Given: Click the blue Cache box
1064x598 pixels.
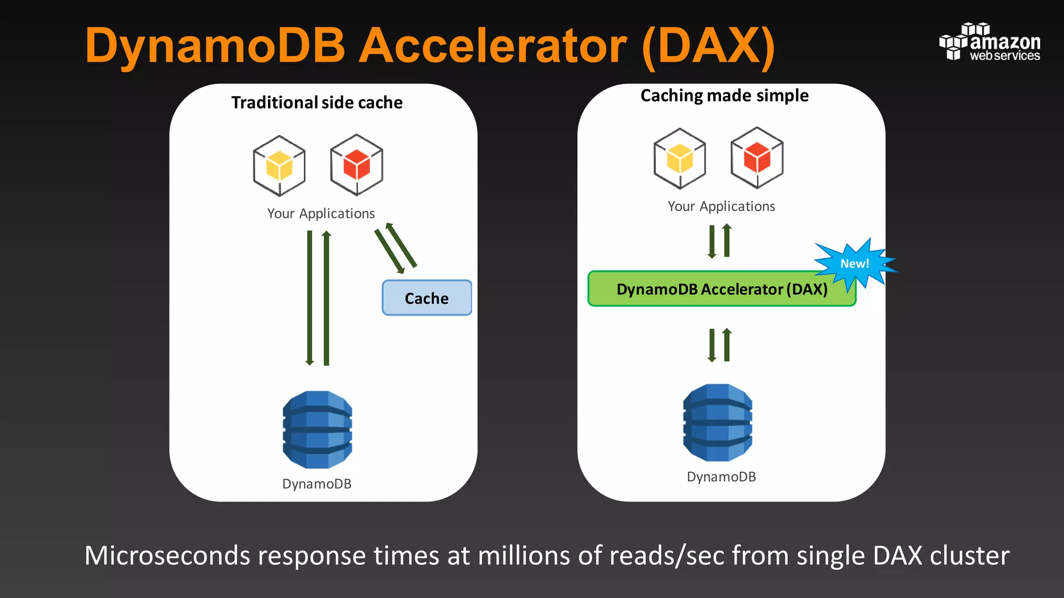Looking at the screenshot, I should [x=427, y=298].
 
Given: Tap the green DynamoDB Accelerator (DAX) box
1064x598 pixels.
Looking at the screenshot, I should [x=721, y=289].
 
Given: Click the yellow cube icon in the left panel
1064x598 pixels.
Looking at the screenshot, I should [x=279, y=166].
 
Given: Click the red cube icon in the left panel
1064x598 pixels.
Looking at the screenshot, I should [x=356, y=165].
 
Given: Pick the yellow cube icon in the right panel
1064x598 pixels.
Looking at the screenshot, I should [x=680, y=158].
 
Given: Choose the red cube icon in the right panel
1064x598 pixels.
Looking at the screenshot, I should [x=757, y=157].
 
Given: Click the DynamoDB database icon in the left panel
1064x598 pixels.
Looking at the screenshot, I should [x=317, y=430].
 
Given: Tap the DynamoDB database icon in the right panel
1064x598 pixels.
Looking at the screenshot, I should [x=717, y=423].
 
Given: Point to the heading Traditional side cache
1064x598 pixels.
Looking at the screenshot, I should [x=317, y=103].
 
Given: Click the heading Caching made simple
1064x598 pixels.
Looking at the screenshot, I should [x=724, y=96].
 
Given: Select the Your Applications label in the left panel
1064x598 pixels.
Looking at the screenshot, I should [x=321, y=213].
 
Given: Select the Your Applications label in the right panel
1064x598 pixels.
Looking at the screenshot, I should [x=721, y=206].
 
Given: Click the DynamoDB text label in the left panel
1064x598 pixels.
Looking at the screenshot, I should [x=317, y=484].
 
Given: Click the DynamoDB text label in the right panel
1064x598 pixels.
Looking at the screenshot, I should [x=721, y=477].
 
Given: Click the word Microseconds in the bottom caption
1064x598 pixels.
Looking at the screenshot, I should [x=167, y=555].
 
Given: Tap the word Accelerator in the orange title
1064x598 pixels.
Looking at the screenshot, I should [x=493, y=46].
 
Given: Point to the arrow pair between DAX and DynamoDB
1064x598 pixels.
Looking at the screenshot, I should [x=720, y=345].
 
